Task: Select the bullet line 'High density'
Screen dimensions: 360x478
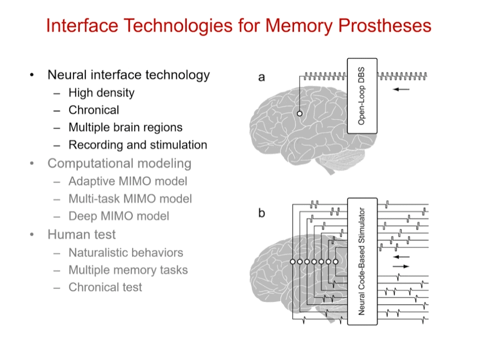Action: (101, 93)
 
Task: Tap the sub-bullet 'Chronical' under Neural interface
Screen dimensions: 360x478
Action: (94, 110)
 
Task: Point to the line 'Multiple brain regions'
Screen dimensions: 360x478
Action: (125, 127)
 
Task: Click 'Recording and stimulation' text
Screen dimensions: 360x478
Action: (138, 145)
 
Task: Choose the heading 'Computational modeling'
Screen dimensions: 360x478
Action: (119, 164)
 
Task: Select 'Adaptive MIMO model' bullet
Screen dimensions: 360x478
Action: (127, 181)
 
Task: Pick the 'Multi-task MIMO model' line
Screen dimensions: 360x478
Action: (130, 199)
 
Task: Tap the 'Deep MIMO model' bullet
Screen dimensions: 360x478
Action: (118, 216)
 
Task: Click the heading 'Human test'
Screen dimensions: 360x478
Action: (81, 234)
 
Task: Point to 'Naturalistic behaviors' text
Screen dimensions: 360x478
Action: (125, 252)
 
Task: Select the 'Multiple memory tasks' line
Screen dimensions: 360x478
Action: (128, 270)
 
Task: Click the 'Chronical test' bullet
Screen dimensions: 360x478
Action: (105, 287)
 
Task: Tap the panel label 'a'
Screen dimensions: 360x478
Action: (262, 77)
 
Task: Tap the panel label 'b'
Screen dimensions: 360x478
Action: (262, 213)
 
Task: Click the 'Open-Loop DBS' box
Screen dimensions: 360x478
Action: (362, 96)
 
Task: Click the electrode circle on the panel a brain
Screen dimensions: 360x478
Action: (299, 114)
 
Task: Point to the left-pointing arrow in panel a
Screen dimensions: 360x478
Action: (402, 89)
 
